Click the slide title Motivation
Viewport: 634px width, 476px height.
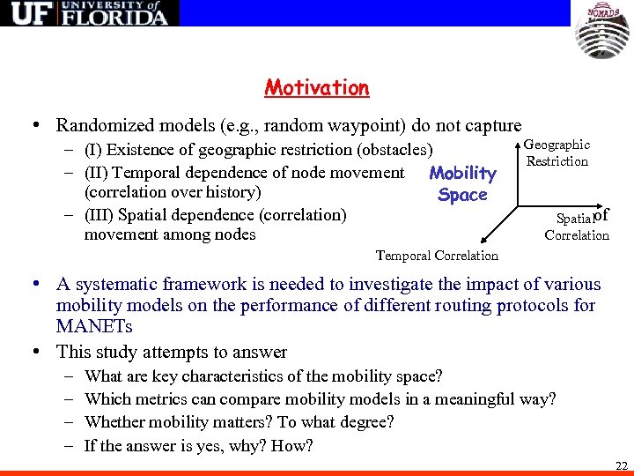[x=316, y=88]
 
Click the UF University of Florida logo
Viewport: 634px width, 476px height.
[x=90, y=13]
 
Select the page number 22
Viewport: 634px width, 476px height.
[x=621, y=465]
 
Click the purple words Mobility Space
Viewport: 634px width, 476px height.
[x=462, y=183]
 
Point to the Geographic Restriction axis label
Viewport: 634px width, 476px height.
[x=557, y=152]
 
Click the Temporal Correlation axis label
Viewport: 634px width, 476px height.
[x=437, y=256]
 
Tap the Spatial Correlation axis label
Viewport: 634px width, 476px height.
[x=577, y=226]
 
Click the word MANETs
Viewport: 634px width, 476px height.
[x=95, y=327]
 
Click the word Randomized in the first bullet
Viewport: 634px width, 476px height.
[x=102, y=126]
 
